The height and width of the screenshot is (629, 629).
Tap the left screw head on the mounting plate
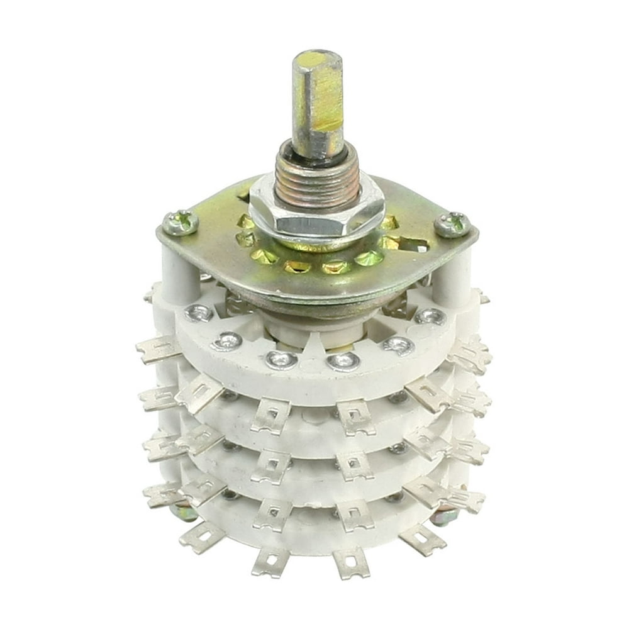click(180, 221)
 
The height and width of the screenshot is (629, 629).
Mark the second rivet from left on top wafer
click(228, 342)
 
